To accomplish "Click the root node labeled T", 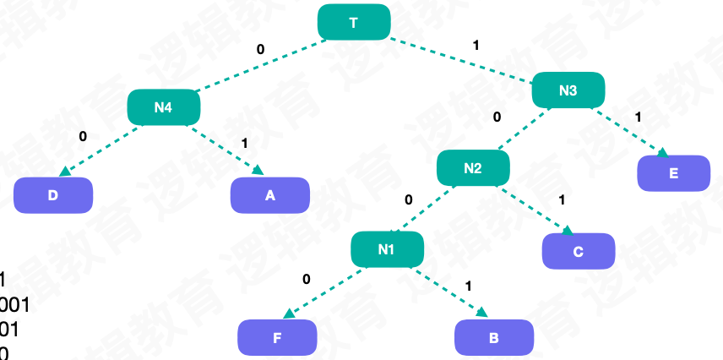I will [354, 22].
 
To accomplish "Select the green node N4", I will [163, 107].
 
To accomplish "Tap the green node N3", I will [568, 90].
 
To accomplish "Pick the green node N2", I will [473, 168].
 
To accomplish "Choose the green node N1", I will [387, 249].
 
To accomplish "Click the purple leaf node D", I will [52, 195].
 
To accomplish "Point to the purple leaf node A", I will [270, 195].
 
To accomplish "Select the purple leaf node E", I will [673, 173].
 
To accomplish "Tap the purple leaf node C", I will [578, 251].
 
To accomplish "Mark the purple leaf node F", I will [277, 338].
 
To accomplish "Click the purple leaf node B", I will [494, 338].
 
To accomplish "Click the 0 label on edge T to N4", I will [260, 49].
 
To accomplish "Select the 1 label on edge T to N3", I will [476, 44].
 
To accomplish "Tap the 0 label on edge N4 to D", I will [83, 136].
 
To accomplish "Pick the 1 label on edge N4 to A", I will [245, 143].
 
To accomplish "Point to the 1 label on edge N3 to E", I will [638, 116].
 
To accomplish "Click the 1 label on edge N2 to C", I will [561, 200].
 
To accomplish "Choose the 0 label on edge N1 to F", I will [306, 279].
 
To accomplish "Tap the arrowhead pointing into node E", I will [663, 153].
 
